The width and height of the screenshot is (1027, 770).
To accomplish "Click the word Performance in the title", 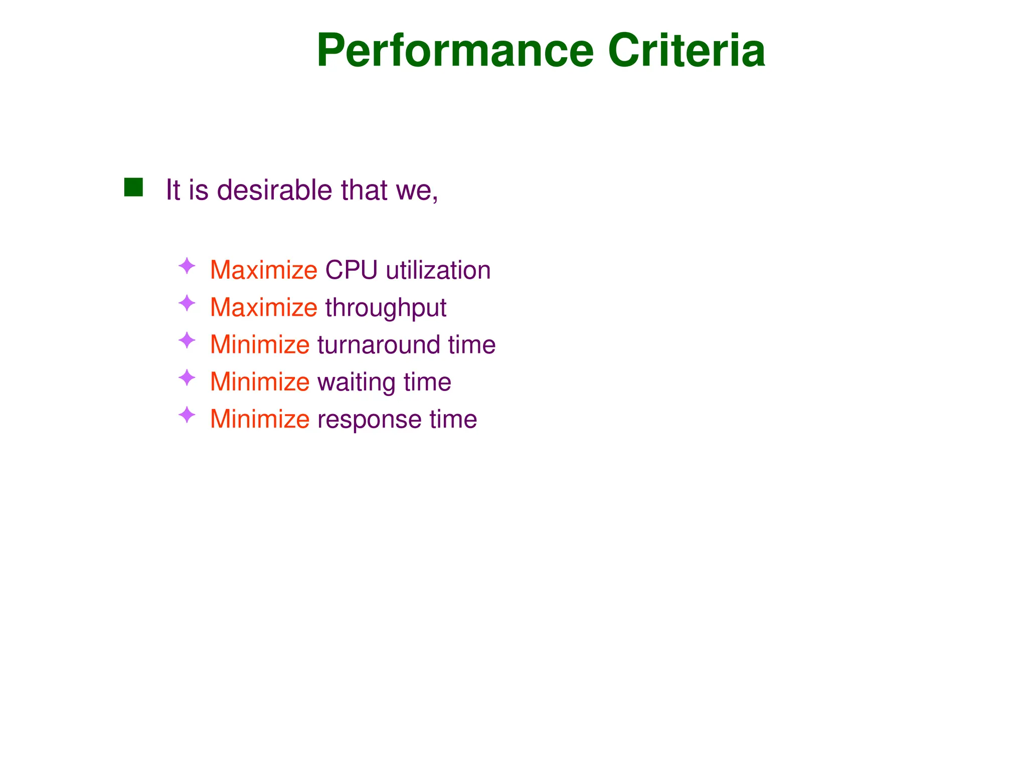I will tap(455, 51).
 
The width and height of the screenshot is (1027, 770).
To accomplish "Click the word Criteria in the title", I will tap(687, 51).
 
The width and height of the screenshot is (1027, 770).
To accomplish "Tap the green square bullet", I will tap(133, 187).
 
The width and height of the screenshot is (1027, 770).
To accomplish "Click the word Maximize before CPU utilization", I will tap(263, 270).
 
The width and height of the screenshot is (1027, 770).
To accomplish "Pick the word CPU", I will tap(351, 270).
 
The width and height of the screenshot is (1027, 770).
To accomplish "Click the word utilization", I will tap(438, 270).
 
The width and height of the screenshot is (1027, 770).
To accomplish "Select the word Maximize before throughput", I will tap(263, 307).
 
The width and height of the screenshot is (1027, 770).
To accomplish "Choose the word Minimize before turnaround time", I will tap(260, 345).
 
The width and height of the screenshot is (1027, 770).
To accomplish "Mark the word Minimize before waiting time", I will tap(260, 382).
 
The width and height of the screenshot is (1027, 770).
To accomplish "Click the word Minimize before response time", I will tap(260, 419).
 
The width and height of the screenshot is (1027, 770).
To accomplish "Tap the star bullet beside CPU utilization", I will tap(187, 266).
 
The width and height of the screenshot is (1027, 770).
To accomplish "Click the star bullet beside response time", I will tap(187, 415).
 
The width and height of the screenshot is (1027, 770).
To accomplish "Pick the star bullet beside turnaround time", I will tap(187, 340).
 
